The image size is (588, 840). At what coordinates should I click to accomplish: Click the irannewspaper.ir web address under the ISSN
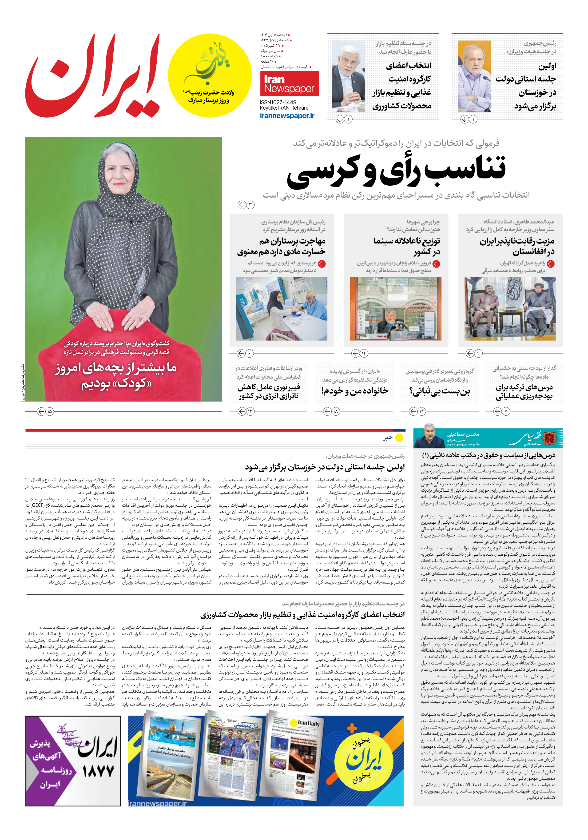[287, 115]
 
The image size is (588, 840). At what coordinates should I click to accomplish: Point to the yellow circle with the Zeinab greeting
[210, 75]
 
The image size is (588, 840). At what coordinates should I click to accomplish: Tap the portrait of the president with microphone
[474, 76]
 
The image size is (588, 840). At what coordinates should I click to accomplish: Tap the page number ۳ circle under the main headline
[250, 204]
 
